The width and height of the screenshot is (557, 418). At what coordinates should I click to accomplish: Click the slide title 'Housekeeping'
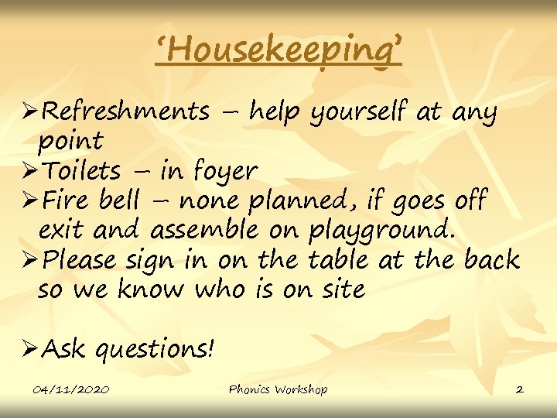pyautogui.click(x=278, y=51)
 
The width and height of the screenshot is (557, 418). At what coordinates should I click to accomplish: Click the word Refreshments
pyautogui.click(x=125, y=112)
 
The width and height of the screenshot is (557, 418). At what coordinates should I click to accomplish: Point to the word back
pyautogui.click(x=491, y=259)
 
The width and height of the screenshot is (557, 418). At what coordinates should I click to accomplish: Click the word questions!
pyautogui.click(x=155, y=350)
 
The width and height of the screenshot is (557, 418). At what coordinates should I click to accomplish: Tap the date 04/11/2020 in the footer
pyautogui.click(x=72, y=389)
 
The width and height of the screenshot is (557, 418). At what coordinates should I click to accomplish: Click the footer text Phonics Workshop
pyautogui.click(x=278, y=389)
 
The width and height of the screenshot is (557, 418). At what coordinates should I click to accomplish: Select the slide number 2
pyautogui.click(x=519, y=389)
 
